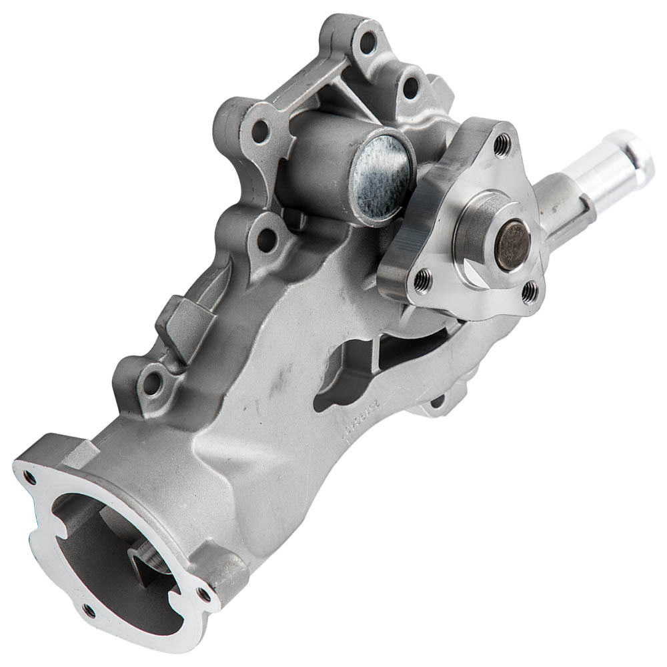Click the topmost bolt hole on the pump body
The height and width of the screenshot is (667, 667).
tap(368, 41)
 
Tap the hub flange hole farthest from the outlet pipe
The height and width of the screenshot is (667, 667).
tap(422, 281)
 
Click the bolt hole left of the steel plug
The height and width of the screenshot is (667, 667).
tap(259, 130)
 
